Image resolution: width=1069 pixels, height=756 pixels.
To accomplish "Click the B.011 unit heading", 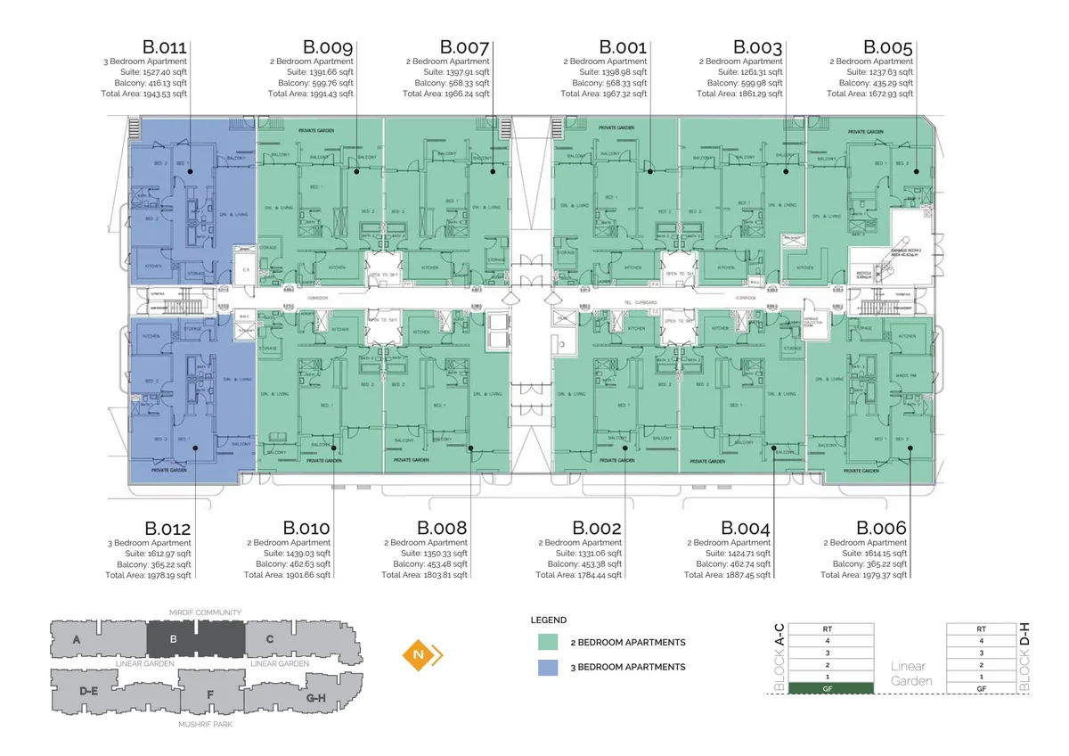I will click(165, 47).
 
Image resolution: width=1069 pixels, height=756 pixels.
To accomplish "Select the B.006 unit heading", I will click(882, 529).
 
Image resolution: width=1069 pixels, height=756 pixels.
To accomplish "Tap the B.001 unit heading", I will click(623, 47).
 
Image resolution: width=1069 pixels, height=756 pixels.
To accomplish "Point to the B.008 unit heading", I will click(442, 529).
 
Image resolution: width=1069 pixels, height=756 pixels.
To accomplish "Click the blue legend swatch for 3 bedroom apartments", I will click(548, 667).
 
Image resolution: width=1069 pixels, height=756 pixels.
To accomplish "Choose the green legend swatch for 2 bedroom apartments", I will click(548, 642).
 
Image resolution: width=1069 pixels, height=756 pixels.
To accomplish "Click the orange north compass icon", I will click(420, 656).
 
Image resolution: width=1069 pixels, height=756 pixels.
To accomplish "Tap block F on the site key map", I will click(210, 694).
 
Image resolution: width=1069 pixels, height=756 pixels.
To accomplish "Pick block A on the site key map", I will click(78, 639).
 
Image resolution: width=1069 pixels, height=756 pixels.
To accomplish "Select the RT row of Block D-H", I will click(981, 629).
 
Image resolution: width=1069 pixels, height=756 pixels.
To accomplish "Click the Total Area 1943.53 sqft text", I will click(144, 94).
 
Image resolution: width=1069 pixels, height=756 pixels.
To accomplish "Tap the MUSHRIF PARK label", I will click(206, 723).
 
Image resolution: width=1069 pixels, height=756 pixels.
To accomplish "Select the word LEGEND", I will click(549, 620).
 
